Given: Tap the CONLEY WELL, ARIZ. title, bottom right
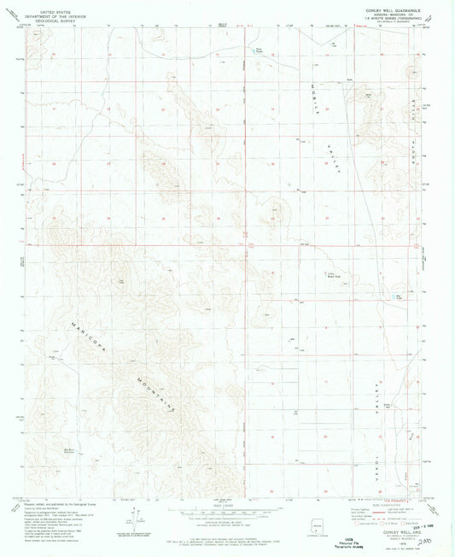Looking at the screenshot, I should (x=394, y=532).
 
